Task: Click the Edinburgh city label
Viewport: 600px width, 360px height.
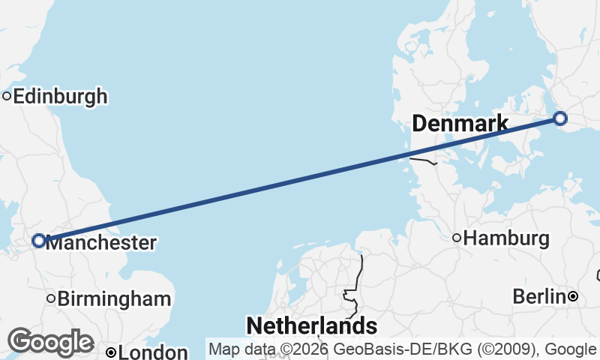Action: [x=60, y=97]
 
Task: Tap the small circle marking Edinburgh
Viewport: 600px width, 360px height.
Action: [x=7, y=96]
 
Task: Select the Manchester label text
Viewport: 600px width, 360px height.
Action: [x=102, y=243]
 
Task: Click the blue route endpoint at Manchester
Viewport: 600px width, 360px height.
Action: [x=38, y=241]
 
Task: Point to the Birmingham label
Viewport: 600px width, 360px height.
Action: [x=114, y=298]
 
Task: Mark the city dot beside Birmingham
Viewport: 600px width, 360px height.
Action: [x=51, y=298]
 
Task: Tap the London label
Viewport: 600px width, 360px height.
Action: [x=153, y=352]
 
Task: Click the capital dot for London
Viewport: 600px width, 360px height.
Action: [x=110, y=352]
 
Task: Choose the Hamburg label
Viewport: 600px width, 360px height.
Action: [x=506, y=239]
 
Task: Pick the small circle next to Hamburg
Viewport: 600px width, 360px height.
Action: [x=457, y=238]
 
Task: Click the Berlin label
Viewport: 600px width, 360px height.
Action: [x=538, y=296]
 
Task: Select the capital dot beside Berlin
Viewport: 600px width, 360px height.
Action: [x=573, y=296]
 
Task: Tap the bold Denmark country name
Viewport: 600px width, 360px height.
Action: [x=460, y=124]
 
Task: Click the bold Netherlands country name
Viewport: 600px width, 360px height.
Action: [x=311, y=325]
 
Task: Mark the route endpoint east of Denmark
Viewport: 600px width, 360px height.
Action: [x=559, y=118]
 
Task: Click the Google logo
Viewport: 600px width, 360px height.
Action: [x=50, y=342]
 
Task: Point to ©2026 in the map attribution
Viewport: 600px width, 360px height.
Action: [x=288, y=349]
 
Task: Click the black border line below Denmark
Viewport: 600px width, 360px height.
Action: [x=423, y=159]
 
